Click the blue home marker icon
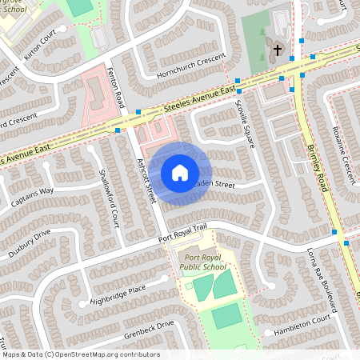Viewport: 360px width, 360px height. (x=180, y=172)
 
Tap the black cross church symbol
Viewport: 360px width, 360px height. (x=278, y=50)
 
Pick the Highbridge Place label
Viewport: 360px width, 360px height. (x=118, y=293)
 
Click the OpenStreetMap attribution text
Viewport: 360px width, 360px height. (x=80, y=354)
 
